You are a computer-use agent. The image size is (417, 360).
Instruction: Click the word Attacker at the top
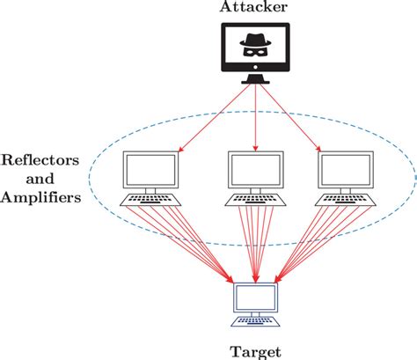[253, 7]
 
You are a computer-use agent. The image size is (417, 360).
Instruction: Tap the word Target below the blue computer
[256, 352]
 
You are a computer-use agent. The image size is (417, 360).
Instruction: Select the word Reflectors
[40, 160]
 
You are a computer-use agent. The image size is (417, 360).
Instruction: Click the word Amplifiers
[40, 197]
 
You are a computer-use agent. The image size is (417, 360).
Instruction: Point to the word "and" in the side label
[40, 179]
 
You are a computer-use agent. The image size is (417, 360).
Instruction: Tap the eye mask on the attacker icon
[255, 52]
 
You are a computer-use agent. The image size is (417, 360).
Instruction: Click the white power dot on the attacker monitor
[255, 67]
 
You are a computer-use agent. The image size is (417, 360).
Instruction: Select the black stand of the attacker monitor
[255, 79]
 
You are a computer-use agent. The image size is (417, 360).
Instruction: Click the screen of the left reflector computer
[150, 170]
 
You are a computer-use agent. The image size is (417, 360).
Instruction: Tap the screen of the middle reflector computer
[256, 170]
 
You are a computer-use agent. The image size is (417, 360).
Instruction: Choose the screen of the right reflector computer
[346, 170]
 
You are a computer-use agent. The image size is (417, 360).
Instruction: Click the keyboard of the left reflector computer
[150, 200]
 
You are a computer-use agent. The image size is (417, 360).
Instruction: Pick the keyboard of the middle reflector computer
[256, 200]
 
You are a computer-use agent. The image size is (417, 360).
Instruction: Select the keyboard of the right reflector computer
[346, 200]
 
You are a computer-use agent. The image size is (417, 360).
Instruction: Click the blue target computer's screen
[256, 298]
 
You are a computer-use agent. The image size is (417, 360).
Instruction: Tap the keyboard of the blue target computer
[256, 321]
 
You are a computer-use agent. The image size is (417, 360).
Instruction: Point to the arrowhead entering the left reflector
[181, 149]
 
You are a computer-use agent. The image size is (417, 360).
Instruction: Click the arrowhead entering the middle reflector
[256, 149]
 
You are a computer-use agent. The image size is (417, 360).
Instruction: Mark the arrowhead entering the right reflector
[318, 148]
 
